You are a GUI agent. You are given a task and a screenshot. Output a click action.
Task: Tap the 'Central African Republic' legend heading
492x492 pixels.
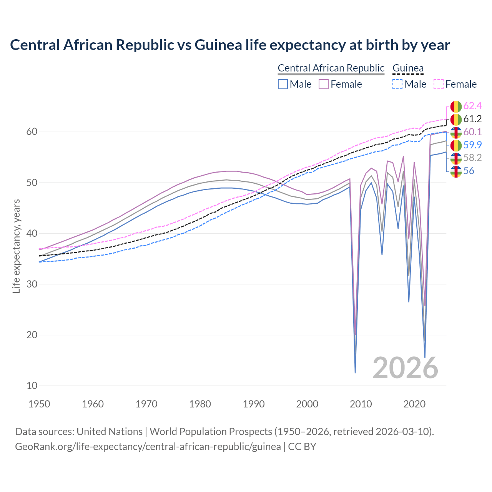click(x=331, y=68)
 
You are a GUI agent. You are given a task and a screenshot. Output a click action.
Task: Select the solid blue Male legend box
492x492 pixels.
click(x=283, y=84)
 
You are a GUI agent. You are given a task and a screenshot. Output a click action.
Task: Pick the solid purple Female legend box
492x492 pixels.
click(x=324, y=84)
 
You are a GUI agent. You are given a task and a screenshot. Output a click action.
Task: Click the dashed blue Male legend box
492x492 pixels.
click(x=397, y=84)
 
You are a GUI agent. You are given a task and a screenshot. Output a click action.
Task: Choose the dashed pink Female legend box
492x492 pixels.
click(x=439, y=84)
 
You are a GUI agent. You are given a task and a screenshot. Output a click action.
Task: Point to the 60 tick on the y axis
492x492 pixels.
click(x=32, y=132)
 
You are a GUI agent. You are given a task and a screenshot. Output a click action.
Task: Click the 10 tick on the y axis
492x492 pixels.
click(x=32, y=386)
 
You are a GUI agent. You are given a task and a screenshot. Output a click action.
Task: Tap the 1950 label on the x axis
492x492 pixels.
click(x=40, y=404)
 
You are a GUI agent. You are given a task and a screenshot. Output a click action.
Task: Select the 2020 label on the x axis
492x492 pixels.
click(x=414, y=404)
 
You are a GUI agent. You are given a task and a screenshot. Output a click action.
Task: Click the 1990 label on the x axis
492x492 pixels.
click(x=254, y=404)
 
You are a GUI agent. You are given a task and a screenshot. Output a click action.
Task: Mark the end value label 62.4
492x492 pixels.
click(x=472, y=106)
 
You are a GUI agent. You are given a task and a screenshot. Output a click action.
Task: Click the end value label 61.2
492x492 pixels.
click(x=472, y=119)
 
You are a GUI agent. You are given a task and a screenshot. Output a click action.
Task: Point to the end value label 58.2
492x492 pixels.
click(x=472, y=158)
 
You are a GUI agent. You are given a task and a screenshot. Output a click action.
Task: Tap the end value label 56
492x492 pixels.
click(x=469, y=171)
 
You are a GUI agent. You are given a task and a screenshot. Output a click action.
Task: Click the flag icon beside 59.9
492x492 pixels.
click(x=456, y=145)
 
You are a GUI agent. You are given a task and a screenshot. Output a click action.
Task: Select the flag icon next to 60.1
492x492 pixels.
click(x=456, y=132)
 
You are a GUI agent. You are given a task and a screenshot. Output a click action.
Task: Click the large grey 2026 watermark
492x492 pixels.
click(x=405, y=368)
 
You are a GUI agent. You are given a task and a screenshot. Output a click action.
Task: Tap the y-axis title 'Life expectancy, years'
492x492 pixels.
click(x=17, y=246)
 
